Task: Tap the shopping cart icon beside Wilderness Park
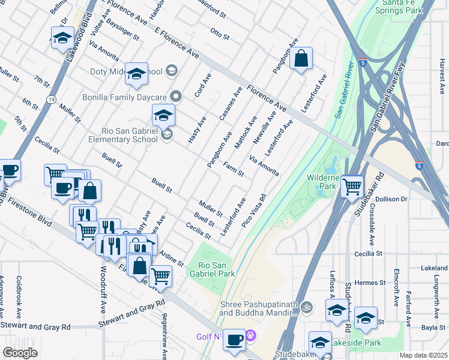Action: [x=352, y=186]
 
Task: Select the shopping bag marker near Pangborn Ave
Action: [x=302, y=59]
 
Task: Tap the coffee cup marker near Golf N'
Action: [x=234, y=338]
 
